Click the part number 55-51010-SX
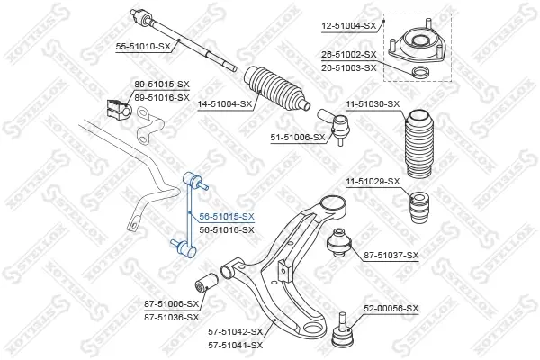click(143, 47)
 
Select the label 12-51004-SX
click(349, 25)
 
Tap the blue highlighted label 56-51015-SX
click(227, 216)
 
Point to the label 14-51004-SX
click(225, 103)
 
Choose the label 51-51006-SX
click(298, 138)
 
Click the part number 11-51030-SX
click(373, 103)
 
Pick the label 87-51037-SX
click(391, 256)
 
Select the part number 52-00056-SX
click(391, 309)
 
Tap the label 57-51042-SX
click(235, 332)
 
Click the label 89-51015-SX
click(162, 84)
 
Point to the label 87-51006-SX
click(172, 304)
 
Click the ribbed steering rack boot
click(277, 88)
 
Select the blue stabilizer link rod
click(189, 214)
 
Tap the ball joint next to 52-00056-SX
click(342, 331)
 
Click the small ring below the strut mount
click(421, 72)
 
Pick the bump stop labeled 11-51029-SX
click(419, 209)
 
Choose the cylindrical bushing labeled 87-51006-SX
click(205, 282)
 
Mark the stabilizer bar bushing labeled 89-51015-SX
click(117, 110)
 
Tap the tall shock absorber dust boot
click(419, 144)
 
